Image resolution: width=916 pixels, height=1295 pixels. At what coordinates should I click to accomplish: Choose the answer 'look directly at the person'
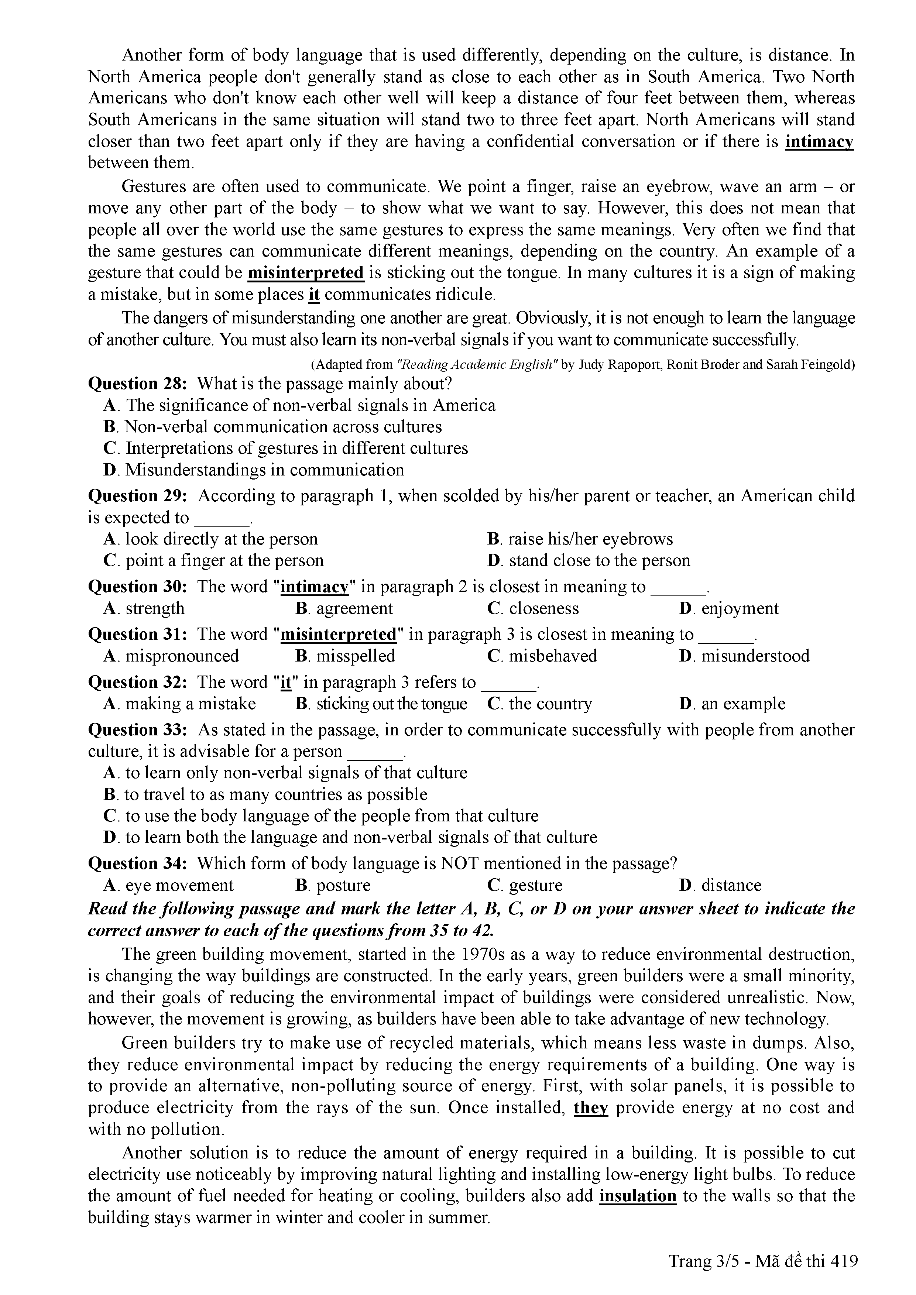pyautogui.click(x=221, y=539)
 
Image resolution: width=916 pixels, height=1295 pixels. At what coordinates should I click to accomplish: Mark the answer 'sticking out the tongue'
pyautogui.click(x=391, y=704)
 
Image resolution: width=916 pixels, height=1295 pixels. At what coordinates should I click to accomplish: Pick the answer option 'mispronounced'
pyautogui.click(x=182, y=656)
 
